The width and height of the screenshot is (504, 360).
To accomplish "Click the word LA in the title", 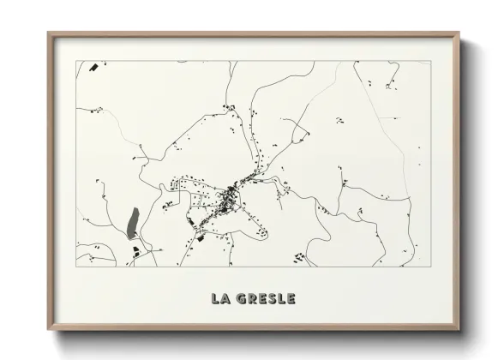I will tap(221, 299).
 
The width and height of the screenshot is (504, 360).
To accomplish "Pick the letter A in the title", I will tap(226, 299).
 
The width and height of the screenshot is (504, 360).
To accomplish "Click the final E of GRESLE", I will tap(291, 299).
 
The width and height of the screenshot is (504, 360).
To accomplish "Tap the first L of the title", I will tap(216, 299).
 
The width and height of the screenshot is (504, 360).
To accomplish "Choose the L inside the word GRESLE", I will tap(280, 299).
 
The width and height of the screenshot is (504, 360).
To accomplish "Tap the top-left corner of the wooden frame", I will tap(49, 33).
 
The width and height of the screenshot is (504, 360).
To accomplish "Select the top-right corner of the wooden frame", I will tap(459, 33).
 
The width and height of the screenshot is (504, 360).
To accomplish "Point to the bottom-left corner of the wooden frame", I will tap(49, 331).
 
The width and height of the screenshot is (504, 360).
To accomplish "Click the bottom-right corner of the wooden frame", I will tap(459, 331).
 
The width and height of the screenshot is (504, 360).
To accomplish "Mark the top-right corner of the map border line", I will tap(426, 61).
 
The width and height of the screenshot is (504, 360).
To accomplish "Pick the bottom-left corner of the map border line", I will tap(77, 267).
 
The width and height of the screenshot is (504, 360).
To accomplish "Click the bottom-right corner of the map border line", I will tap(426, 267).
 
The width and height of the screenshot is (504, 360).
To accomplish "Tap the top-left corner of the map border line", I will tap(77, 61).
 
